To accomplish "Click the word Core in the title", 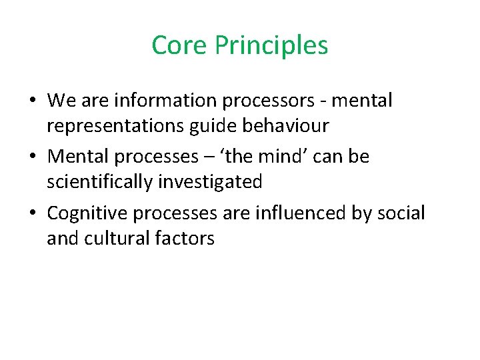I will [x=179, y=46].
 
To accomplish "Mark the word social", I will [x=399, y=213].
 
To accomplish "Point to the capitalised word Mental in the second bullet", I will [x=78, y=157].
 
